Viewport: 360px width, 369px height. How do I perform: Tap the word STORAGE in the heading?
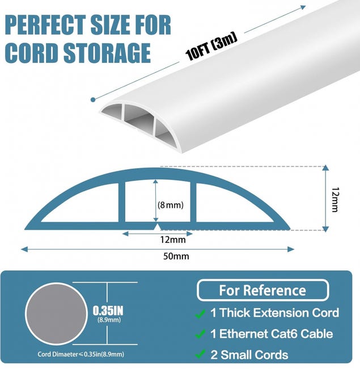[x=107, y=53]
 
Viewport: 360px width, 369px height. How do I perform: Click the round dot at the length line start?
[x=93, y=99]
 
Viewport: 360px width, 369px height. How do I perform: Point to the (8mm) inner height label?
[x=171, y=205]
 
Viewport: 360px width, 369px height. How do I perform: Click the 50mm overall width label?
[x=176, y=256]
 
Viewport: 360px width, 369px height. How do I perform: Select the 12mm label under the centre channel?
[x=173, y=240]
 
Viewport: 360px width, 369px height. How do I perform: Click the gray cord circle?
[x=56, y=314]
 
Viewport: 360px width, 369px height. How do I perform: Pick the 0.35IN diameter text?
[x=108, y=311]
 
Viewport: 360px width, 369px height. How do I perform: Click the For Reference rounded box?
[x=262, y=290]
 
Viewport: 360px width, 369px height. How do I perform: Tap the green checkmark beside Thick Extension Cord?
[x=200, y=314]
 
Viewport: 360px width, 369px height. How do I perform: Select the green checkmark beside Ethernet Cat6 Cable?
[x=200, y=334]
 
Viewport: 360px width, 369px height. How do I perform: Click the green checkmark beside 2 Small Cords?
[x=200, y=354]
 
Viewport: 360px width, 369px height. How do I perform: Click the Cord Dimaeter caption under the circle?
[x=81, y=354]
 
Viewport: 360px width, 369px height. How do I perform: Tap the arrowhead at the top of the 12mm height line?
[x=325, y=167]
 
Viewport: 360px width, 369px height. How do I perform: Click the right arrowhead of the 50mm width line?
[x=291, y=249]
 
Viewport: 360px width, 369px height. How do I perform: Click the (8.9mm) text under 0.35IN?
[x=109, y=320]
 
